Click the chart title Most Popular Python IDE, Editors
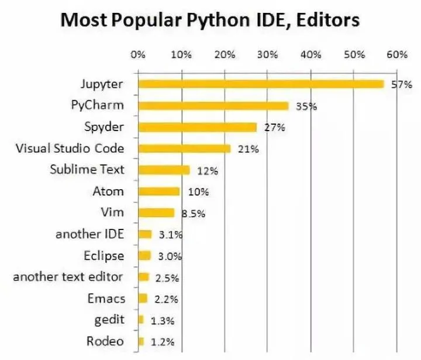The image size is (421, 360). click(x=210, y=22)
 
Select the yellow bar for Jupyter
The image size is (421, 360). click(x=261, y=84)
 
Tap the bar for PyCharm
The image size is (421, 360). click(x=213, y=106)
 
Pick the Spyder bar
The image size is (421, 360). click(x=197, y=127)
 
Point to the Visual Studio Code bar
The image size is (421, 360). click(x=184, y=149)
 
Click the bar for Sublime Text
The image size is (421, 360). click(x=164, y=170)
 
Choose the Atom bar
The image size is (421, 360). click(x=159, y=191)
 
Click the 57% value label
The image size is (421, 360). click(x=402, y=85)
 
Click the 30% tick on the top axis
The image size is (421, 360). click(x=267, y=55)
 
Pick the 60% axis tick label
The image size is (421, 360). click(x=397, y=55)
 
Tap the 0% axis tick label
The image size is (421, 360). click(x=138, y=55)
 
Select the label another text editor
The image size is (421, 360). click(x=69, y=277)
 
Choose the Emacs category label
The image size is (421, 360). click(x=106, y=299)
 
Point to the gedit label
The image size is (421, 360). click(x=110, y=320)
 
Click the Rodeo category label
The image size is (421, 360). click(x=106, y=341)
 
